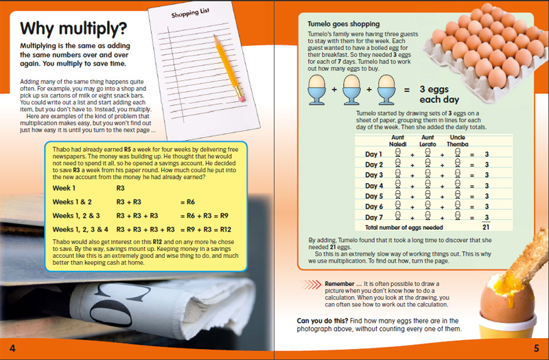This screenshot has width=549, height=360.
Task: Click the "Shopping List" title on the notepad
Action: (188, 17)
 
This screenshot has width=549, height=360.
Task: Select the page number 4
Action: (12, 348)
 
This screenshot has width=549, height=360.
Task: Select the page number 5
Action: (536, 348)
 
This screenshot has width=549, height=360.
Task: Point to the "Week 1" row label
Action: (65, 187)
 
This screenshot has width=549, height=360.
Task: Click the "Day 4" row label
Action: (374, 185)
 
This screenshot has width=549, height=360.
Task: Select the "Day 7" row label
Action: (374, 217)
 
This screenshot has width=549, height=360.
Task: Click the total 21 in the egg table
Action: (486, 227)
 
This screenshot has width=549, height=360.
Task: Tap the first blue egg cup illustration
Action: (318, 90)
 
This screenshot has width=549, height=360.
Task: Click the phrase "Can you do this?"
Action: (321, 320)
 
